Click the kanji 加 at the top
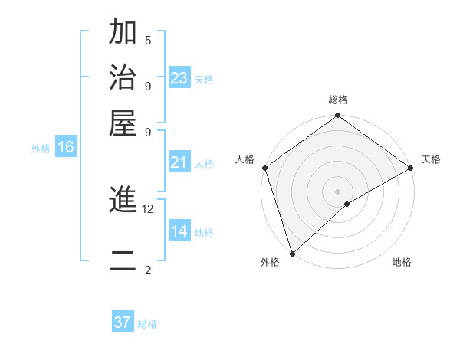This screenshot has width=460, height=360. coord(123,33)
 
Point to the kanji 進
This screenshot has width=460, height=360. coord(123,201)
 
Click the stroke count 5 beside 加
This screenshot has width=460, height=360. coord(148,40)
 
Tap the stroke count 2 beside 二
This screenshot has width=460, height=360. coord(148,270)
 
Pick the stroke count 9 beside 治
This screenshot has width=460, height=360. coord(148,86)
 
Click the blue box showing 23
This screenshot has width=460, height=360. coord(179,77)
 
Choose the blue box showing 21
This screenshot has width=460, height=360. coord(179,162)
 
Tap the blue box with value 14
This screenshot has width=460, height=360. coord(179,231)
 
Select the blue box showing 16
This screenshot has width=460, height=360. coord(66,147)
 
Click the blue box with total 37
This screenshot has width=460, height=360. coord(123,322)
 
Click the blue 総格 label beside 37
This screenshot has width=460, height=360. coord(147,324)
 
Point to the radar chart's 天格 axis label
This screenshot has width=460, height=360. coord(431,159)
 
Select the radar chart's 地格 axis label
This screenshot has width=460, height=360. coord(402,263)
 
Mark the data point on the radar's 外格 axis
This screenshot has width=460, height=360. coord(292,254)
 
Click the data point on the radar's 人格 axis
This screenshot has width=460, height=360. coord(264,168)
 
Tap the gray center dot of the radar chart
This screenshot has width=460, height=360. coord(337,191)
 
